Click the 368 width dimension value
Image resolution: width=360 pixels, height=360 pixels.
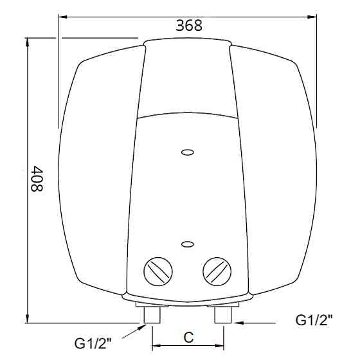[x=188, y=25]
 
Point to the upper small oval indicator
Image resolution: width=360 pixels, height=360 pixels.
[x=188, y=152]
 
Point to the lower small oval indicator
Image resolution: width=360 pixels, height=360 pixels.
[x=188, y=244]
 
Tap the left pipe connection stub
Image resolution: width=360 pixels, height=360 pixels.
[x=153, y=314]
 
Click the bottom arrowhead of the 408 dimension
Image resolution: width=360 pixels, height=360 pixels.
[x=28, y=319]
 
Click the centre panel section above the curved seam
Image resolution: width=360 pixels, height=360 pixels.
[x=187, y=80]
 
